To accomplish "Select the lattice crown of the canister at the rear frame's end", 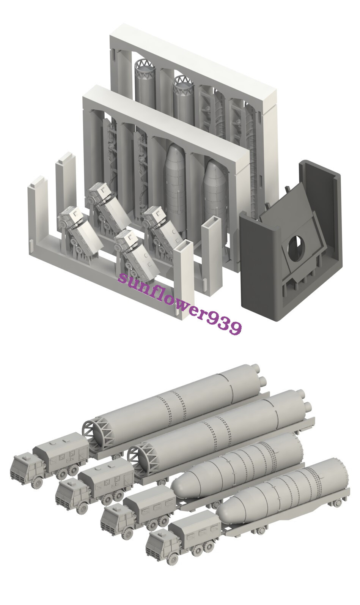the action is pyautogui.click(x=145, y=66).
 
